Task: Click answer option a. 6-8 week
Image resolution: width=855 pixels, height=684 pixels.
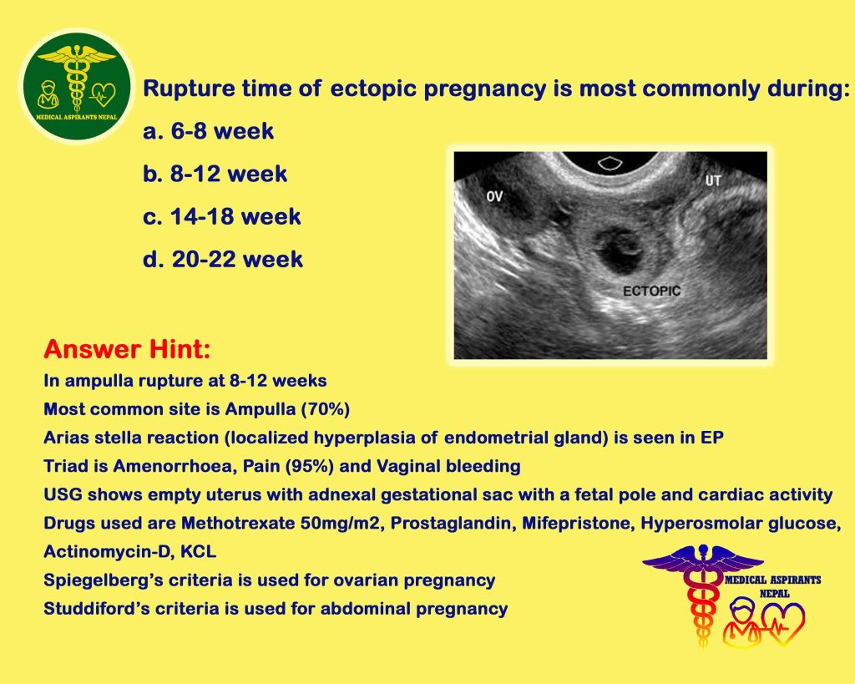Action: (208, 131)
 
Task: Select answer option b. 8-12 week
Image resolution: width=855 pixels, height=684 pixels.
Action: (215, 174)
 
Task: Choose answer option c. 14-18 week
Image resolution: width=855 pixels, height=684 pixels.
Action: (222, 216)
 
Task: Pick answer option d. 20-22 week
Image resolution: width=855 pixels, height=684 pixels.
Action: (222, 259)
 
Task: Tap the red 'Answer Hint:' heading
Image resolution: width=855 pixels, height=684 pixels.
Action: (127, 349)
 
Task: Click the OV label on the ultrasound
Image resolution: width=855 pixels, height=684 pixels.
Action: (494, 196)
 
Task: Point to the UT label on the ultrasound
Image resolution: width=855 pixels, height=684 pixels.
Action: (713, 180)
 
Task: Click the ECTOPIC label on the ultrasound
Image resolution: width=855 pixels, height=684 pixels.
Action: (651, 291)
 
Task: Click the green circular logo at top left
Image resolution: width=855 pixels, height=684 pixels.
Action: (77, 86)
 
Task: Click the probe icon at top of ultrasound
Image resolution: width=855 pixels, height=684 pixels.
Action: (610, 163)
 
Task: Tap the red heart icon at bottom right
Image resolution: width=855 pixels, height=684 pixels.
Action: (783, 624)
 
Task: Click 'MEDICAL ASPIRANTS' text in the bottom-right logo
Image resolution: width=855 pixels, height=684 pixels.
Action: (772, 580)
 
